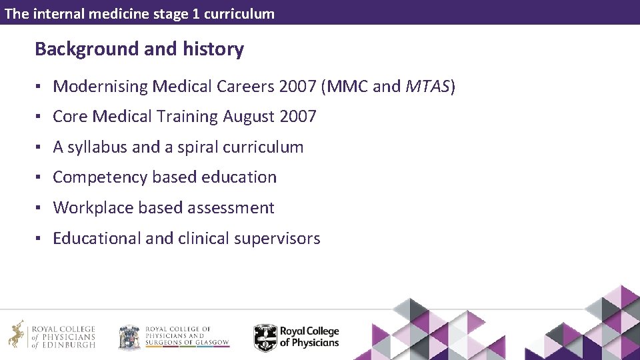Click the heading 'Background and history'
139,49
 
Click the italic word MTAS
427,86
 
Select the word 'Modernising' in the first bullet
100,86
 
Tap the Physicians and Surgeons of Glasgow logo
173,337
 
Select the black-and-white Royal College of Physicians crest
265,337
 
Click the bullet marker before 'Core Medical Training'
40,117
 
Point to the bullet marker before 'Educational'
40,239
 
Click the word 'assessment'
231,208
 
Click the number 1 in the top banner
196,13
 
